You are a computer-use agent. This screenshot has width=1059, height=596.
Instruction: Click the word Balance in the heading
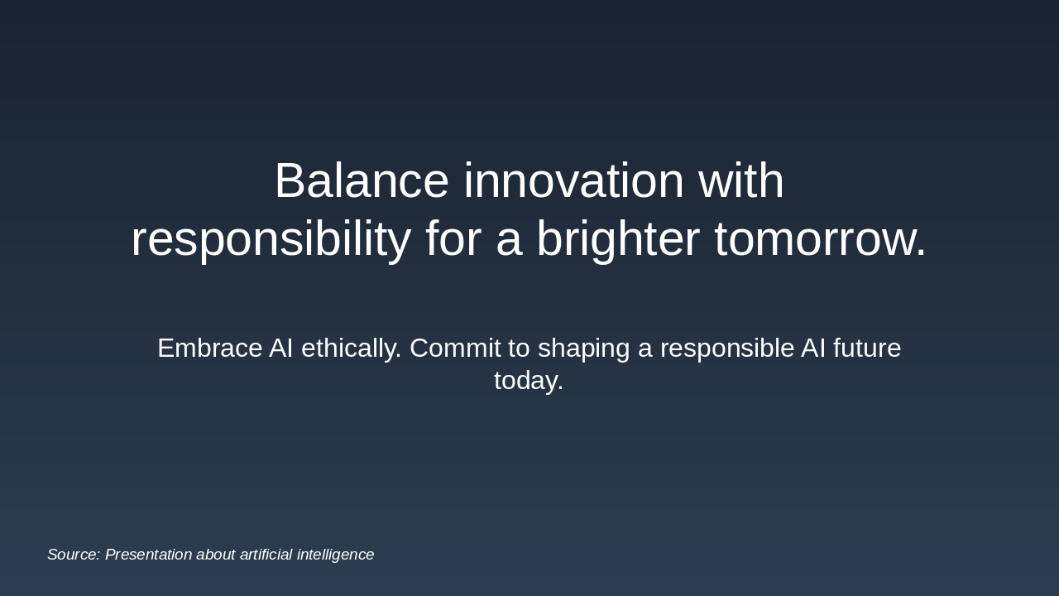click(x=361, y=181)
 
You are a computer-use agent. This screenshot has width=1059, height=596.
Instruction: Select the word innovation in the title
click(x=573, y=181)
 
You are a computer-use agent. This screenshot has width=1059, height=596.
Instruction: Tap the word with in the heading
click(x=741, y=181)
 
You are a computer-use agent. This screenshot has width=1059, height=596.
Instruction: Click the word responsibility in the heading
click(x=271, y=239)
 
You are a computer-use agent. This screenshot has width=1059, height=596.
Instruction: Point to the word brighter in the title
click(x=618, y=239)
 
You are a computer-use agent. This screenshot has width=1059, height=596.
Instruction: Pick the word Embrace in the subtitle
click(x=209, y=348)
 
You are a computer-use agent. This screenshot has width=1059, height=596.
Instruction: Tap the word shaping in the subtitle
click(x=583, y=348)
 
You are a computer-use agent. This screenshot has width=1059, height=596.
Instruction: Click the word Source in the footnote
click(x=71, y=555)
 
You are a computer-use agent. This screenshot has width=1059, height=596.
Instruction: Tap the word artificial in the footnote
click(x=266, y=555)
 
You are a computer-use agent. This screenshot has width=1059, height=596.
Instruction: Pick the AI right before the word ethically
click(x=280, y=348)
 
